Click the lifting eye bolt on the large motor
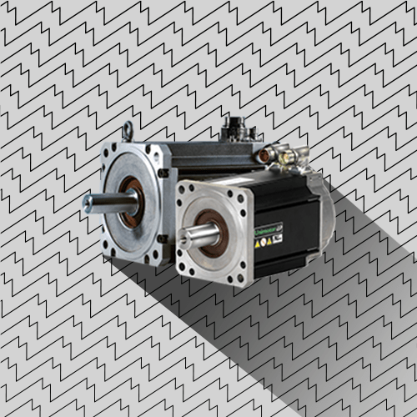coord(127,130)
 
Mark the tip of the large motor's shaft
coord(87,203)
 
